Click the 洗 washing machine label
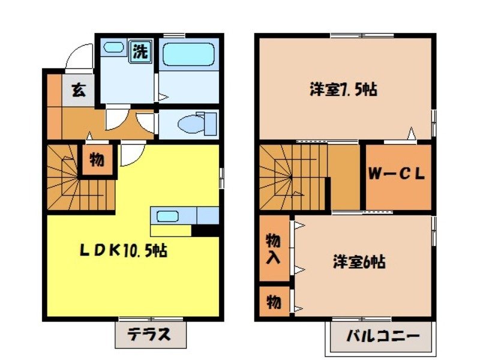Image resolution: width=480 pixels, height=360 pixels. [x=140, y=51]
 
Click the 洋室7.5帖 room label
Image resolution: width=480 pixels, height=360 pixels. [x=343, y=90]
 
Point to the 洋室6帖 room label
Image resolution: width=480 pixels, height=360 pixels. [x=359, y=262]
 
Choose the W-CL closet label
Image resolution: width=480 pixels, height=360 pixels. [x=397, y=175]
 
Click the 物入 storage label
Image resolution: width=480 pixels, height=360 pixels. [x=273, y=248]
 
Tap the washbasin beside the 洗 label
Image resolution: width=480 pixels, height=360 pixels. [x=116, y=48]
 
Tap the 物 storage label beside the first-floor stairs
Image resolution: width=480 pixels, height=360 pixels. [x=97, y=160]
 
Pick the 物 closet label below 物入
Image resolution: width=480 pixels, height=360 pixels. [x=273, y=302]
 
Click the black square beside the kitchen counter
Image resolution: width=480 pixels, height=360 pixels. [x=205, y=230]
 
